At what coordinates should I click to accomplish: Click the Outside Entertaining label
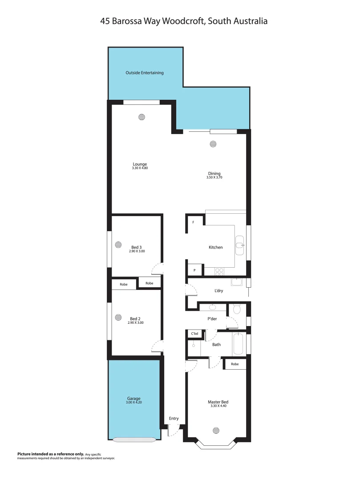[x=145, y=73]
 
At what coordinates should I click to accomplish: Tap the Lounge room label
[x=139, y=164]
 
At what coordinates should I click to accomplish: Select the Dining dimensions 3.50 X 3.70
[x=214, y=177]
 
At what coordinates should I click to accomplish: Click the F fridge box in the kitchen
[x=193, y=222]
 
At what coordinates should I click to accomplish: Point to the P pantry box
[x=194, y=270]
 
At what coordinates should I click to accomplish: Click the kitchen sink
[x=240, y=245]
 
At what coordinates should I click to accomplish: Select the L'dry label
[x=218, y=291]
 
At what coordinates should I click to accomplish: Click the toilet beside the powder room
[x=237, y=309]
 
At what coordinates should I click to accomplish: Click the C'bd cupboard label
[x=194, y=333]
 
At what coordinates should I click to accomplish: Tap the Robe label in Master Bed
[x=235, y=364]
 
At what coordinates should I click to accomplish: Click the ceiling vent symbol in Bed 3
[x=118, y=244]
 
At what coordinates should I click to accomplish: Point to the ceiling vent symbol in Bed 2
[x=118, y=317]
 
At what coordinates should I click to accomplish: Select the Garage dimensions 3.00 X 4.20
[x=133, y=403]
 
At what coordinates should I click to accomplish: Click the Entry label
[x=174, y=418]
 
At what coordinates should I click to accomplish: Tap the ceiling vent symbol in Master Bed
[x=216, y=430]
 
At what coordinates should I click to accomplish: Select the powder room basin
[x=212, y=307]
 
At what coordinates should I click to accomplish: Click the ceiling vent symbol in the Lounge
[x=142, y=117]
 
